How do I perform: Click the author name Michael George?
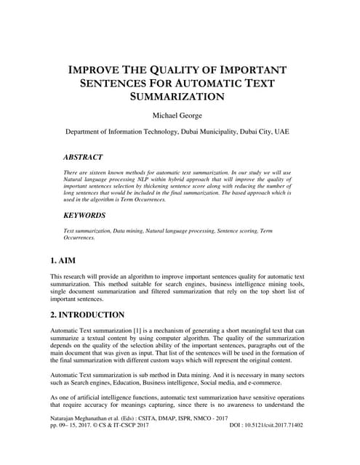tap(180, 116)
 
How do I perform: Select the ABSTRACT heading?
tap(83, 157)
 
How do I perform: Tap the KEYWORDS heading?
tap(84, 216)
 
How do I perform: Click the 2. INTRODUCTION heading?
tap(87, 315)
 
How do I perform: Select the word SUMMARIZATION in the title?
tap(180, 96)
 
